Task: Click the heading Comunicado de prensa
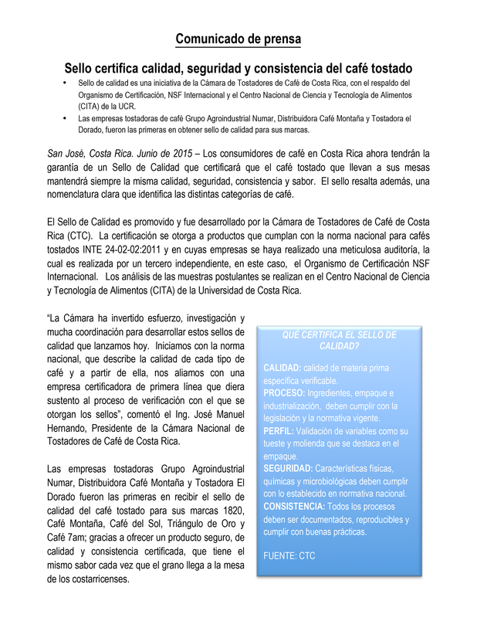click(238, 39)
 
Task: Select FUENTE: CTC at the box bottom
click(289, 555)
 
